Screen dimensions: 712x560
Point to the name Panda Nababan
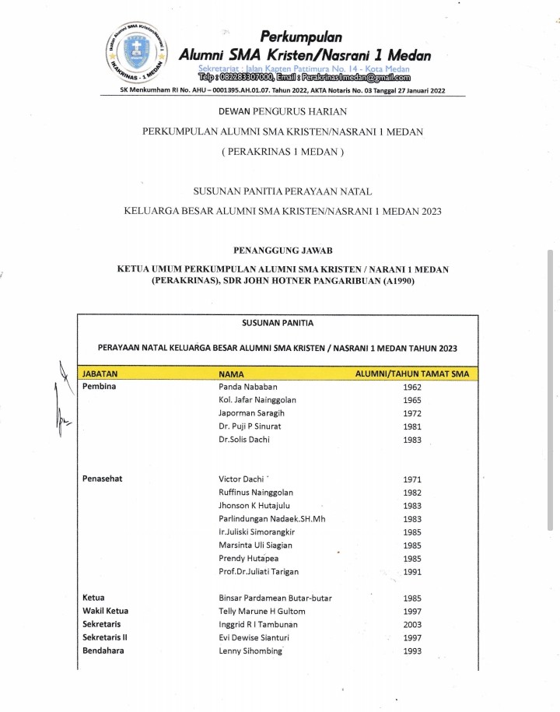coord(248,387)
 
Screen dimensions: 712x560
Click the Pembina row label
coord(99,387)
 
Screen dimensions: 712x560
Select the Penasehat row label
coord(105,479)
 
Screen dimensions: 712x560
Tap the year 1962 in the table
coord(413,387)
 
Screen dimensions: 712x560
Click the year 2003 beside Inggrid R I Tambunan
coord(413,625)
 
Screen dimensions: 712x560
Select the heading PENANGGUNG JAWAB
coord(282,251)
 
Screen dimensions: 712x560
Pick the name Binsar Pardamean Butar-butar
coord(275,598)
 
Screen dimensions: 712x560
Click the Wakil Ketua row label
coord(105,612)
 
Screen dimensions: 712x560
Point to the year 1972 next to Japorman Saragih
coord(413,413)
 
